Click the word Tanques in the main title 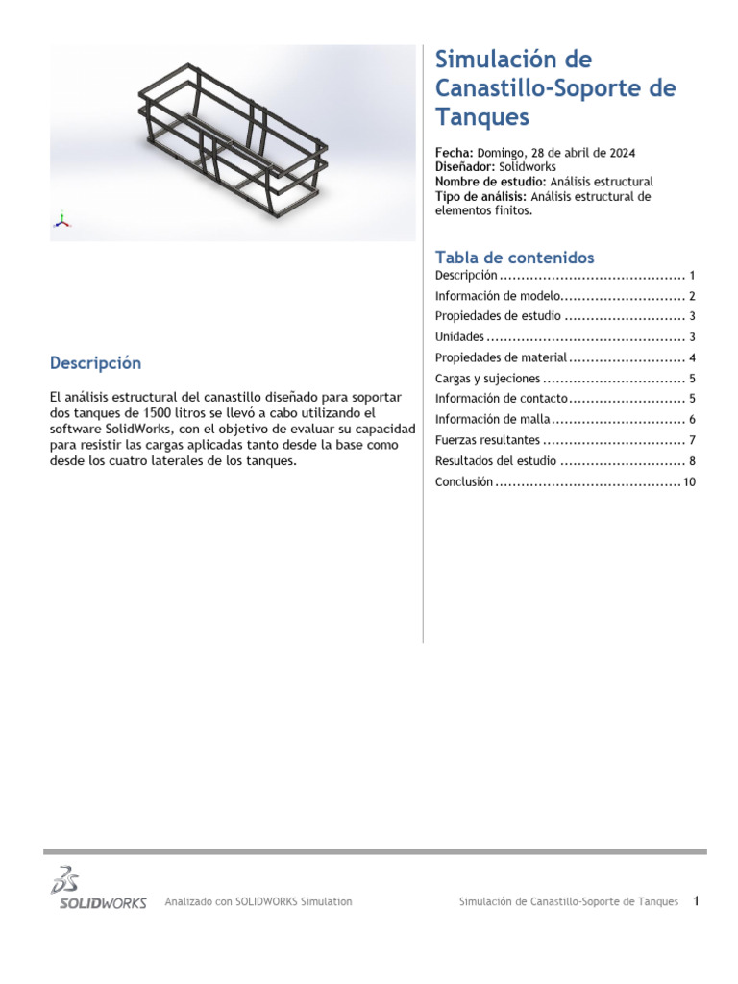(482, 117)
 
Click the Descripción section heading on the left (95, 363)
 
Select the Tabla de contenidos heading (514, 258)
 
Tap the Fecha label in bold (454, 153)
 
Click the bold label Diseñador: (465, 167)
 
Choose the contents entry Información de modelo (497, 296)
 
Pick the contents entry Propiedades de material (501, 358)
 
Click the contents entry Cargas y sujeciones (487, 379)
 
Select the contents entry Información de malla (493, 420)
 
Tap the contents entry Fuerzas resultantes (487, 440)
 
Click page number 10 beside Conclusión (689, 482)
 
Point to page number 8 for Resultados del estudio (692, 461)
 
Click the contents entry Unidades (459, 337)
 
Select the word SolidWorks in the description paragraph (134, 429)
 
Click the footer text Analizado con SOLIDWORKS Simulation (258, 901)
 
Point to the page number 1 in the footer (697, 900)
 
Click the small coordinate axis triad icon (61, 220)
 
